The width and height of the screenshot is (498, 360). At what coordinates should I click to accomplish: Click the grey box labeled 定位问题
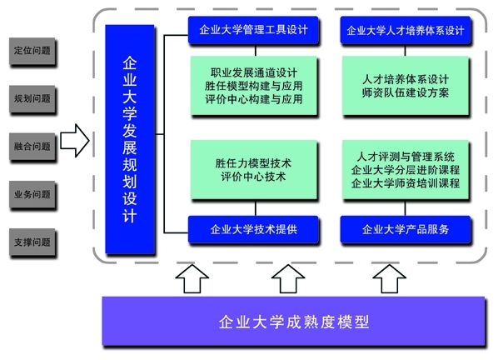point(32,51)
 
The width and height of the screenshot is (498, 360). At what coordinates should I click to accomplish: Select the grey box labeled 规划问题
point(32,99)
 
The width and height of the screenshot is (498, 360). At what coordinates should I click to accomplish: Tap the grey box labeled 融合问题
point(32,147)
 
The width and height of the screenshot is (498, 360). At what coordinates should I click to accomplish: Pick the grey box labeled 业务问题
point(32,194)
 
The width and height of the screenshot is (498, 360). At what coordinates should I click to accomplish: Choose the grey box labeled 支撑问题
point(32,242)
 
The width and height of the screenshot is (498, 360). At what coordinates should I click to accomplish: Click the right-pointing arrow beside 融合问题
point(75,141)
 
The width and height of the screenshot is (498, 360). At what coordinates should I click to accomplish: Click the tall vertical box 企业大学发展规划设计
point(130,139)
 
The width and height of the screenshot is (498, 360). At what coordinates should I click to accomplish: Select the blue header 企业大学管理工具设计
point(253,29)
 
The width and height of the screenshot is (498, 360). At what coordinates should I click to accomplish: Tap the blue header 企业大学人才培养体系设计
point(406,30)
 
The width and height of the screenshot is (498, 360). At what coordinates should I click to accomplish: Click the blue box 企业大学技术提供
point(253,229)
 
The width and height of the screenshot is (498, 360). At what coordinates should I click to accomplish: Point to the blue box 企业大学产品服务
point(406,229)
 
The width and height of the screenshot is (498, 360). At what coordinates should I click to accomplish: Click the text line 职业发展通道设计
point(253,72)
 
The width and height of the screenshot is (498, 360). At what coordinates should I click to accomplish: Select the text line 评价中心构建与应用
point(253,99)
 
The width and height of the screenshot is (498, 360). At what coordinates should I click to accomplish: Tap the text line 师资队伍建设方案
point(406,92)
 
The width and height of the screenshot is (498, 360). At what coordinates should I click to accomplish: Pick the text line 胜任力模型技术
point(253,163)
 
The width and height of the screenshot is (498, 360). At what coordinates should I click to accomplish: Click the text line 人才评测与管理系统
point(406,157)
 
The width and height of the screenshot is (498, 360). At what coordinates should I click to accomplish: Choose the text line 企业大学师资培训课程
point(406,183)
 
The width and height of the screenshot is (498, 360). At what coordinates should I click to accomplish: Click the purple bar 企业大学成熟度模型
point(293,321)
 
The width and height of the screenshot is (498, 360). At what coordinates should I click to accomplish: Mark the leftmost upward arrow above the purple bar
point(192,278)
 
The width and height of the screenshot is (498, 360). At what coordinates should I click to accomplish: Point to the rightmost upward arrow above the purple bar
point(390,278)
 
